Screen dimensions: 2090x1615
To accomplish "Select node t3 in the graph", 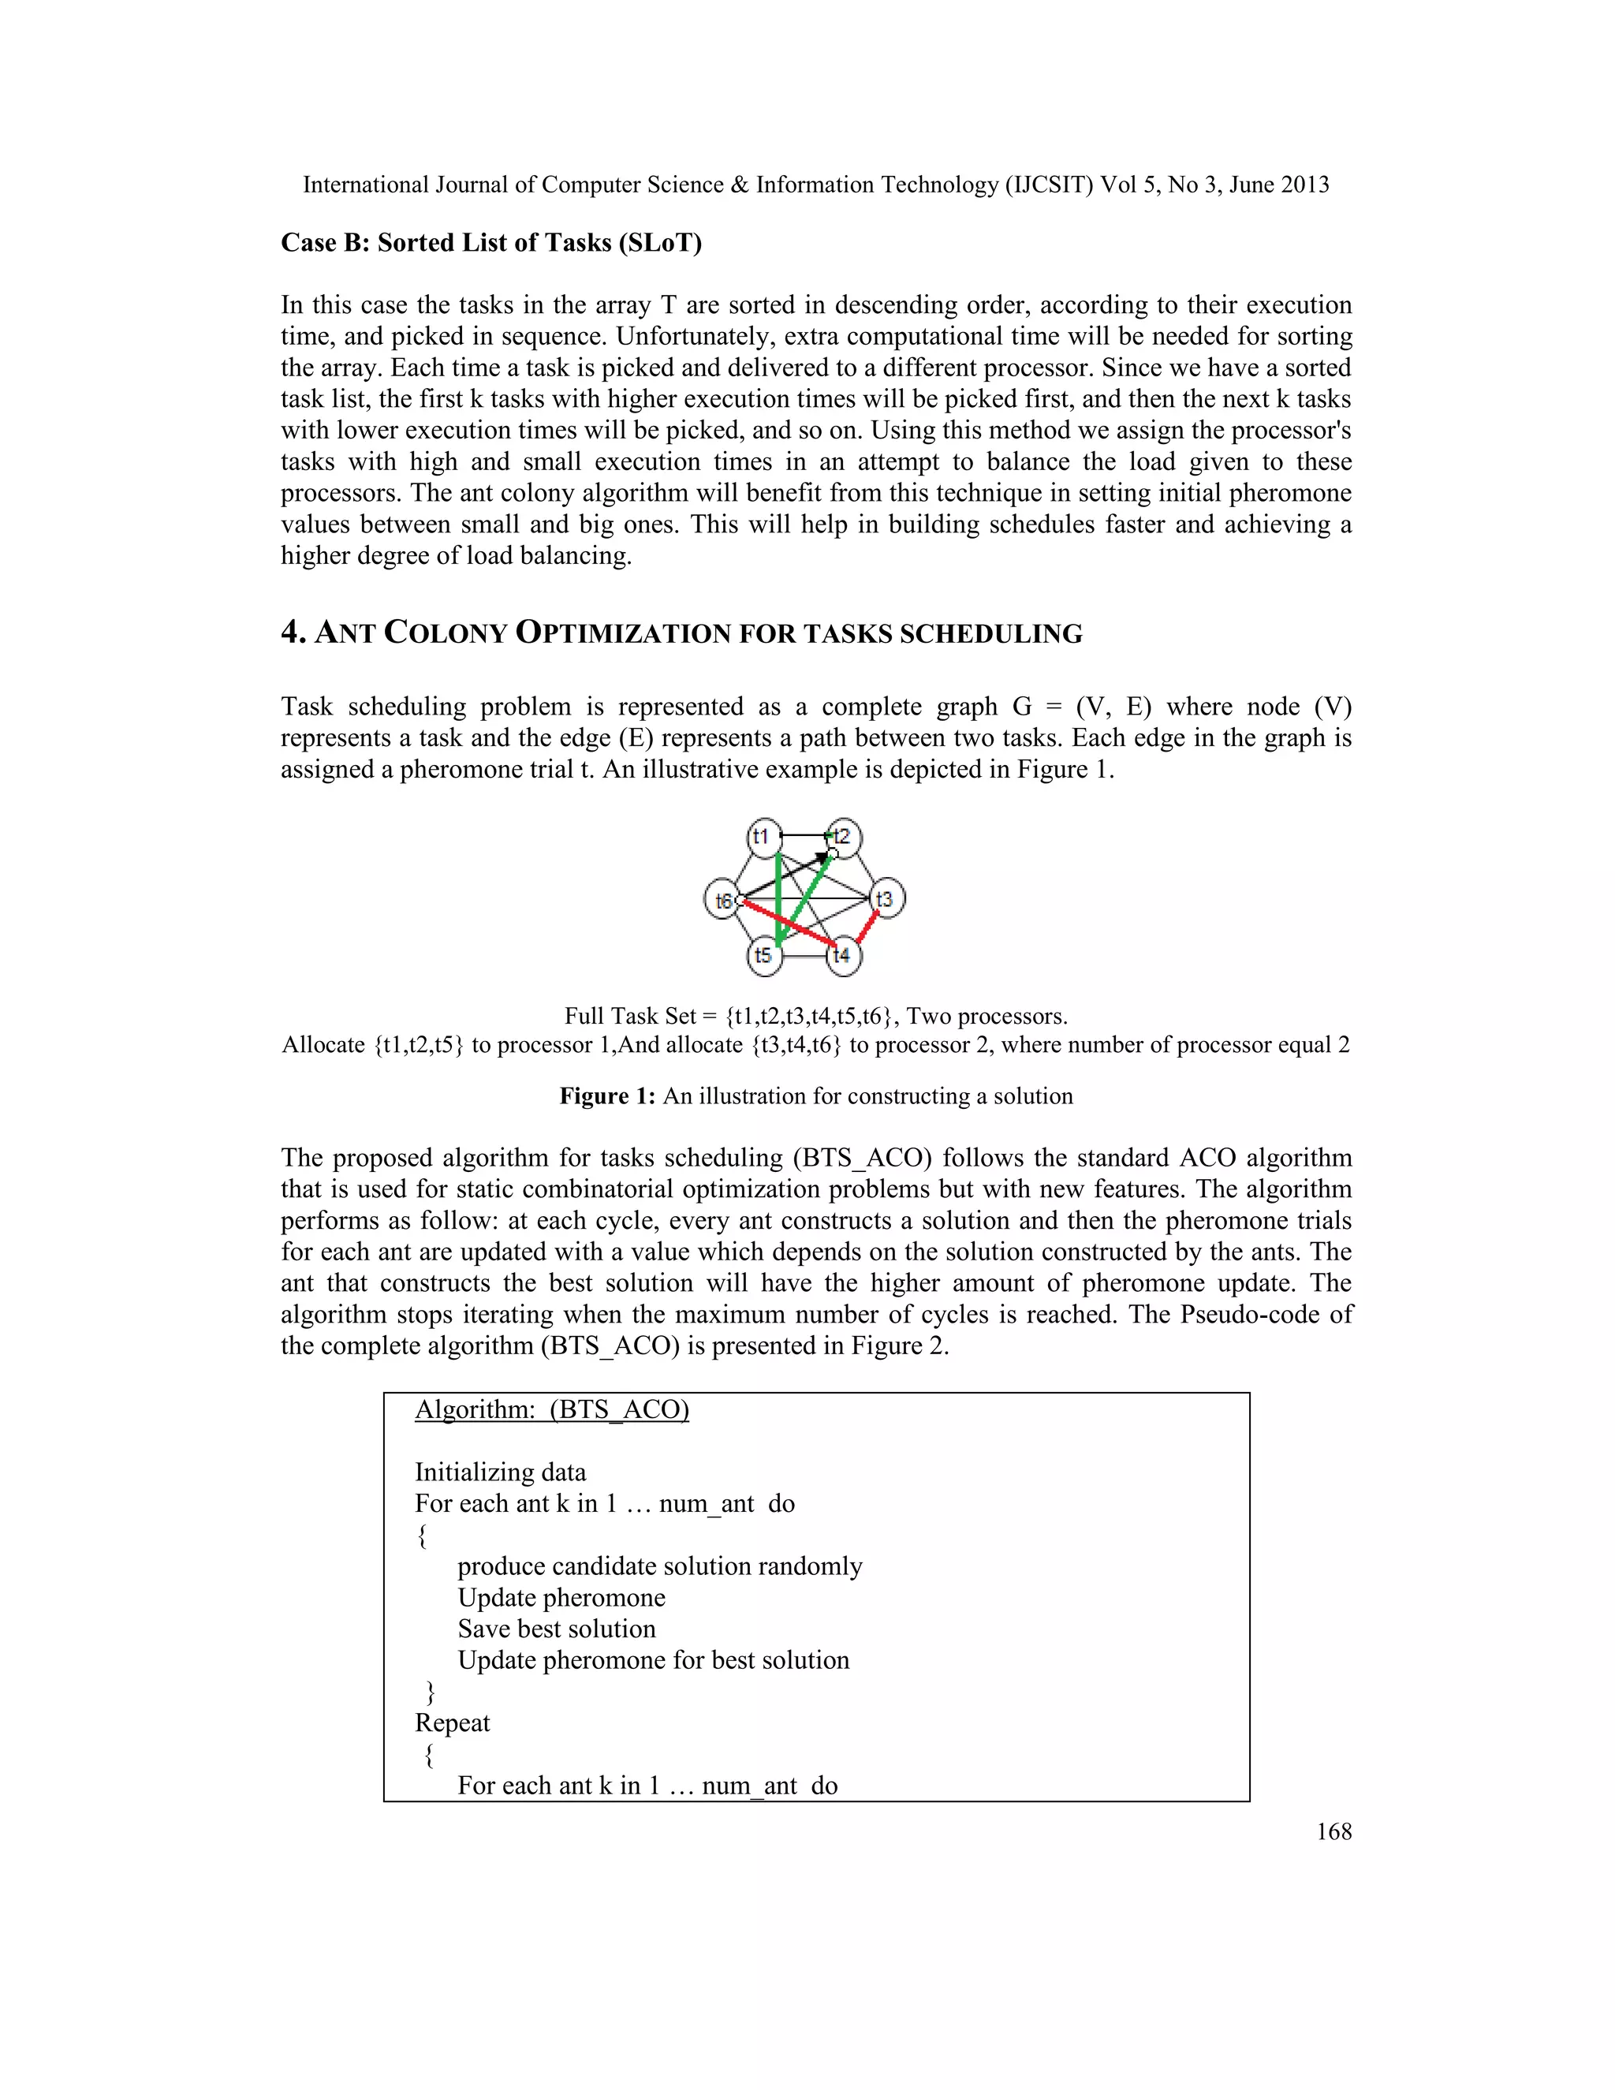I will [x=886, y=898].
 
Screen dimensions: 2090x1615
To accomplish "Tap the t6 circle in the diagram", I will [x=722, y=901].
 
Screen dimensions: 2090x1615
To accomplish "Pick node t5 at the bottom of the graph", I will [x=763, y=955].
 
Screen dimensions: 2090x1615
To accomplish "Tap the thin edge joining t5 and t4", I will [x=804, y=955].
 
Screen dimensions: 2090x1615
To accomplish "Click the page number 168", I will [x=1333, y=1831].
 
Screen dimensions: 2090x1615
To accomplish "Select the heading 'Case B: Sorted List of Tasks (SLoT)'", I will [x=490, y=243].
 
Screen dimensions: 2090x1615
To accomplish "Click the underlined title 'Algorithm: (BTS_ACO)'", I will [x=551, y=1409].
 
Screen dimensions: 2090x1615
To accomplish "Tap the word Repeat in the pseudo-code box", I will [x=452, y=1722].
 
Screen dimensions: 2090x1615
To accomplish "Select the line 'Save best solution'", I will [x=556, y=1629].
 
